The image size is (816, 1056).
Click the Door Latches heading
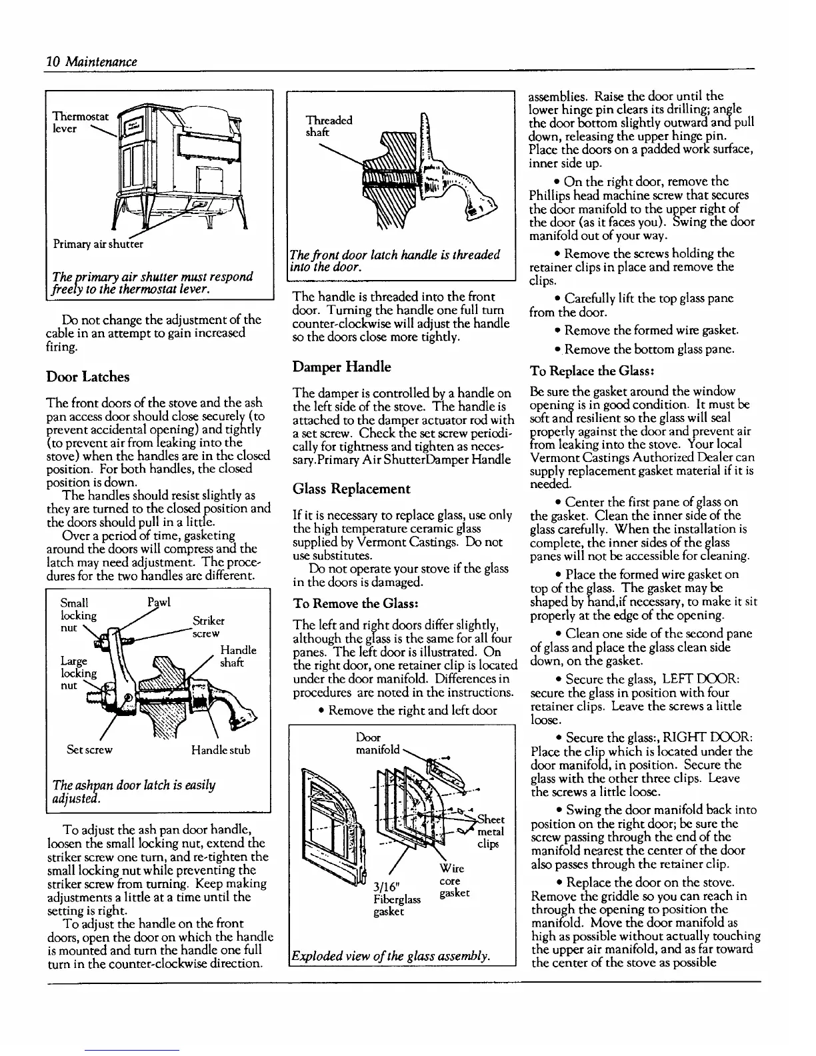(87, 377)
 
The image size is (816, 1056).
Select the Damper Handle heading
(341, 367)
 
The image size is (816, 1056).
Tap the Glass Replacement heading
(351, 489)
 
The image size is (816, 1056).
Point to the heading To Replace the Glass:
(585, 371)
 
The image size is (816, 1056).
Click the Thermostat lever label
(79, 123)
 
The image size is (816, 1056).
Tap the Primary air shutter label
(99, 243)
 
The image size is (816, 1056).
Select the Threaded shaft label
(328, 126)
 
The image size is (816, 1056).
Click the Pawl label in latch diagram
(159, 603)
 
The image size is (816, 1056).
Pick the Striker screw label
(207, 627)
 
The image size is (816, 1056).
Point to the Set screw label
(90, 750)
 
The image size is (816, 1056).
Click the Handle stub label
(220, 750)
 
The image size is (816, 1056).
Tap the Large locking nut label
(73, 673)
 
